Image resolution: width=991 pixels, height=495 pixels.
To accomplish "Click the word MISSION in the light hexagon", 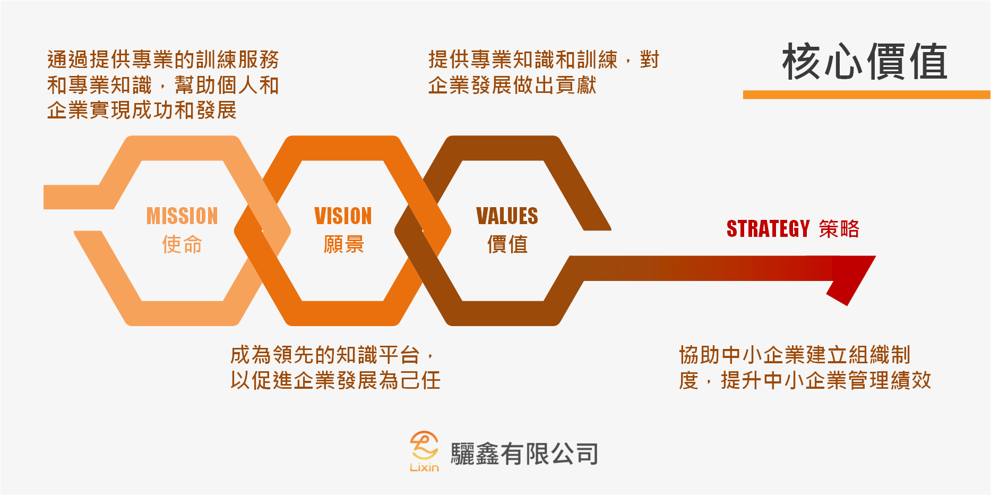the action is click(x=182, y=216).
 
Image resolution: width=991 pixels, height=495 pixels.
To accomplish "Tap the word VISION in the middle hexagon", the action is click(x=343, y=216).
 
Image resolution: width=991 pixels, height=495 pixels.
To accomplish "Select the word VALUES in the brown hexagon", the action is click(x=507, y=216).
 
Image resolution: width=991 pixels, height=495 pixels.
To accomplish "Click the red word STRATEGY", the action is click(x=768, y=229).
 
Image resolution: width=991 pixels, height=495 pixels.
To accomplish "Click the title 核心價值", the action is click(x=865, y=62).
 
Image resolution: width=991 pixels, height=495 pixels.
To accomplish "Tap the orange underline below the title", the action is click(x=867, y=95).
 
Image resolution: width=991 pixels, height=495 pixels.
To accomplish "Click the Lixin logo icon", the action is click(x=424, y=446).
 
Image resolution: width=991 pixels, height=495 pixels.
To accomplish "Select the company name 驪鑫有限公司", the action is click(x=524, y=454).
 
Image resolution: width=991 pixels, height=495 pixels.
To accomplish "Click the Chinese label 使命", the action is click(x=182, y=245).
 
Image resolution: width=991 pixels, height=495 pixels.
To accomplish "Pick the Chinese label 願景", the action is click(x=343, y=245).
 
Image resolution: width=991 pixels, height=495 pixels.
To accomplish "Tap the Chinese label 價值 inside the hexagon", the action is click(x=507, y=245).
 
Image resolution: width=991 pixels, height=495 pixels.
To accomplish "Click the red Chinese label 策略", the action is click(x=839, y=229).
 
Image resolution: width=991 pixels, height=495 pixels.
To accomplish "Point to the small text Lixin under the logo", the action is click(x=424, y=467).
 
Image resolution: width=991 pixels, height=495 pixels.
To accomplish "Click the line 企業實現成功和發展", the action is click(x=142, y=110).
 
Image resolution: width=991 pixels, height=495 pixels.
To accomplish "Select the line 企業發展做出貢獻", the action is click(x=512, y=85).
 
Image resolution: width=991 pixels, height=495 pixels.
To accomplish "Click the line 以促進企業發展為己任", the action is click(x=335, y=380).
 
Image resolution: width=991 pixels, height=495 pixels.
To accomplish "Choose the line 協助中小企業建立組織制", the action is click(x=795, y=355).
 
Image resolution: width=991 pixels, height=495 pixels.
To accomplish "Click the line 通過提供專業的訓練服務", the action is click(x=163, y=59).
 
